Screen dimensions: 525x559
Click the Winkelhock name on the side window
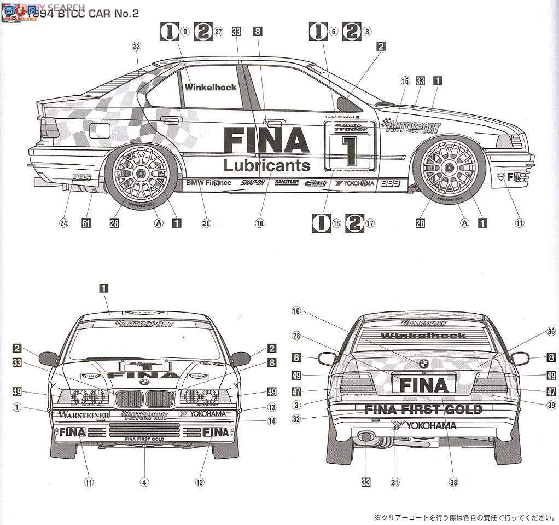click(211, 87)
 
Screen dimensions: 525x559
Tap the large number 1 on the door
click(348, 148)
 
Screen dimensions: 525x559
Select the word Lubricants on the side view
click(266, 165)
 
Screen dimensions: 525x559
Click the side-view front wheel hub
click(449, 166)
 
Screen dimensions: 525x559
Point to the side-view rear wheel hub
click(140, 174)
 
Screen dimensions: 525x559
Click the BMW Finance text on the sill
click(208, 182)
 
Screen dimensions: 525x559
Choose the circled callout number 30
click(206, 223)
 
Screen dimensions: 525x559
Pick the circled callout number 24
click(64, 223)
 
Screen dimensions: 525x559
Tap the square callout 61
click(86, 223)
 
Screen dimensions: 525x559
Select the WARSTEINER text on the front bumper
click(83, 414)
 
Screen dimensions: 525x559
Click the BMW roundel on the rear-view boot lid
click(423, 363)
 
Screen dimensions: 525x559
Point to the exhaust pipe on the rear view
click(365, 437)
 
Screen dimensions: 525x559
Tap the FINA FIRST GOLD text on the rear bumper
click(423, 409)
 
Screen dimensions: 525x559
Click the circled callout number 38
click(453, 482)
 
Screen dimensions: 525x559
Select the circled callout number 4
click(144, 482)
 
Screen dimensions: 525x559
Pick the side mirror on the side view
click(346, 103)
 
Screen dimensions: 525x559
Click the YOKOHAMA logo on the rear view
click(423, 425)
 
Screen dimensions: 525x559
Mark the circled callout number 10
click(296, 311)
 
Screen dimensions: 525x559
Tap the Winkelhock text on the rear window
click(423, 336)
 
